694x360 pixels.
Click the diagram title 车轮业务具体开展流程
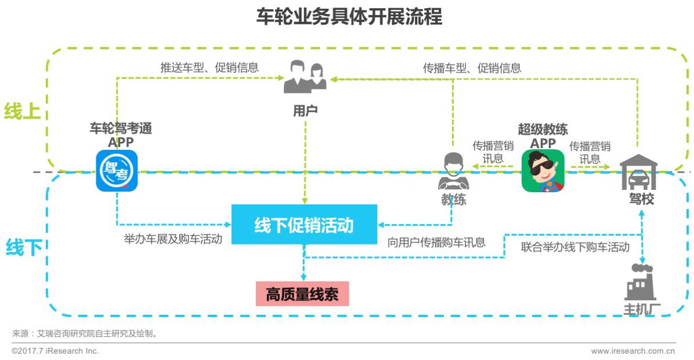coord(349,17)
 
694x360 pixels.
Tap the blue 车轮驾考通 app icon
coord(117,171)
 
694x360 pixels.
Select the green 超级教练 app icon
coord(543,171)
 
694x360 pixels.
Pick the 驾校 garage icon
coord(638,172)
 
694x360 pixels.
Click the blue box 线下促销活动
coord(304,225)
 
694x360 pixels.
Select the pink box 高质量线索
coord(302,294)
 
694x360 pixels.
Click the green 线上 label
coord(22,111)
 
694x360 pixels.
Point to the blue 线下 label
coord(24,247)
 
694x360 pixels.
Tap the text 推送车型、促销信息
coord(209,67)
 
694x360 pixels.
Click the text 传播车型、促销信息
coord(472,68)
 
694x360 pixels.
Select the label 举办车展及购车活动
coord(173,240)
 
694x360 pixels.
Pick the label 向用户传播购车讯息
coord(436,243)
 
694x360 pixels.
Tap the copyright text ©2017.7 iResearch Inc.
coord(56,351)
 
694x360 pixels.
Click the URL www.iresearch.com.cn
coord(632,351)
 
